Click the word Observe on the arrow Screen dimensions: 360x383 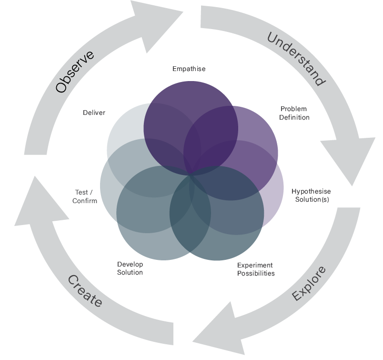75,72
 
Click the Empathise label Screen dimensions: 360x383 189,69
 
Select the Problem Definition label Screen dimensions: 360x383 294,113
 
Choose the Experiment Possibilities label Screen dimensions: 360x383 256,269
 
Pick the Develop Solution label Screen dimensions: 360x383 130,268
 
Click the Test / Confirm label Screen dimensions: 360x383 85,196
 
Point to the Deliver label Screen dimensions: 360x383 94,113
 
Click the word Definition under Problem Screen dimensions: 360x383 294,117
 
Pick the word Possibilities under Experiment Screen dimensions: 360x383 256,273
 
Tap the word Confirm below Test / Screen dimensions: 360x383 85,201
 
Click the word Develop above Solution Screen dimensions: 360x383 130,264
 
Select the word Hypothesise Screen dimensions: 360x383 311,191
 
